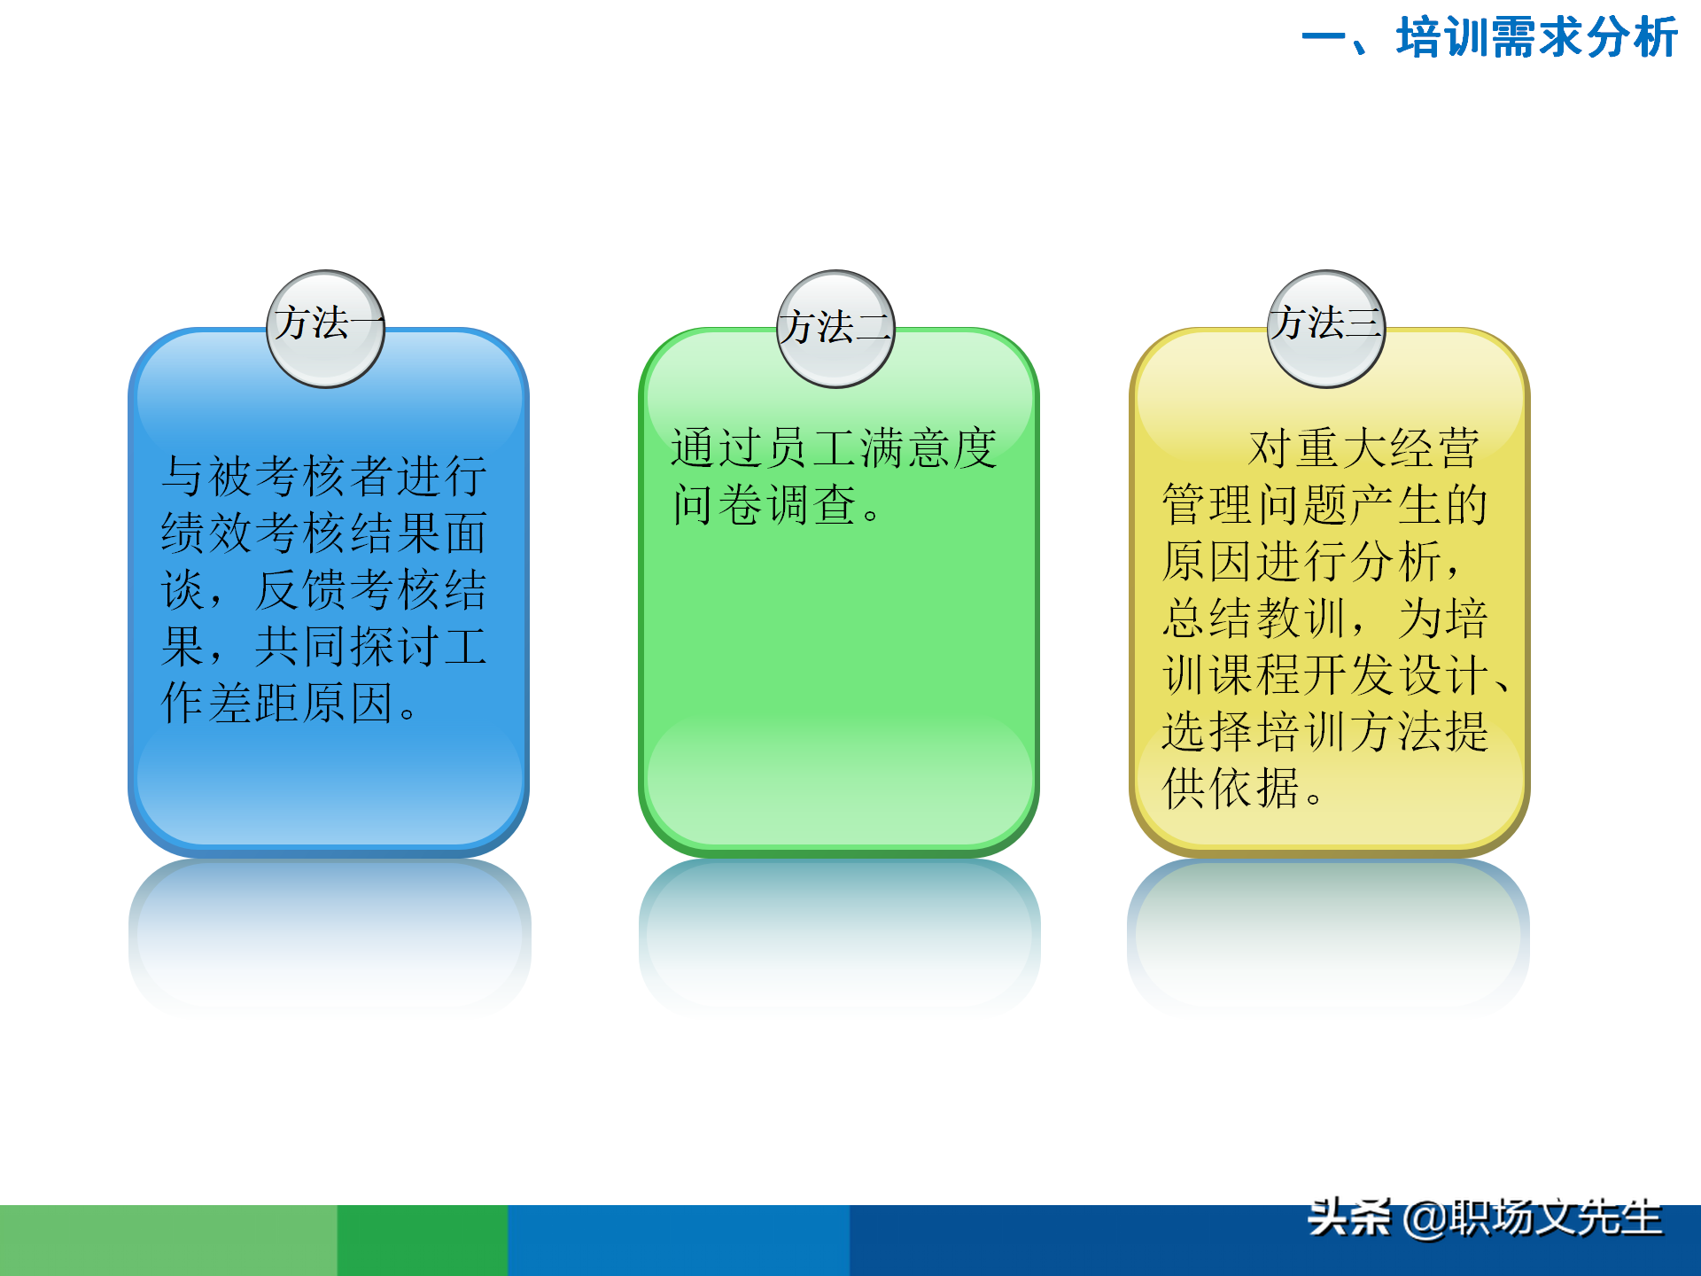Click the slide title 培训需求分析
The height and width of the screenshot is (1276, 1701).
1536,38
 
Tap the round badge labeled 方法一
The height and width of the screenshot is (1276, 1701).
326,328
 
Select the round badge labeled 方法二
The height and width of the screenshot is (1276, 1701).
836,328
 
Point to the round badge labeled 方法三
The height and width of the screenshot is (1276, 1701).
1326,328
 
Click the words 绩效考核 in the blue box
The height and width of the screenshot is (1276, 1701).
253,533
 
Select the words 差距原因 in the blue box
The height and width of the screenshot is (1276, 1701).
301,704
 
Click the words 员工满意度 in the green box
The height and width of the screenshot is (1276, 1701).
881,448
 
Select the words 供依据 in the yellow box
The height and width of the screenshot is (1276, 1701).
1231,789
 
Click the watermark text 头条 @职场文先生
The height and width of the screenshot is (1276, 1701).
1485,1219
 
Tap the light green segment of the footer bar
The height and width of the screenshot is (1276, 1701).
168,1241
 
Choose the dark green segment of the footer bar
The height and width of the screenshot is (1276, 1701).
422,1241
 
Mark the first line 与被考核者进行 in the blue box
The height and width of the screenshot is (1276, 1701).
324,477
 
